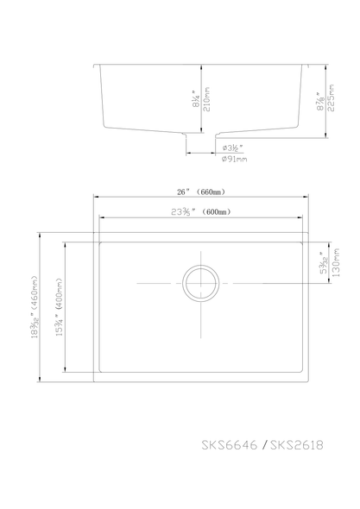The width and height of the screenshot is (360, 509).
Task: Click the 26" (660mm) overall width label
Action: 201,192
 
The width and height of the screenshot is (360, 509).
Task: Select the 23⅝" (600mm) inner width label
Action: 200,211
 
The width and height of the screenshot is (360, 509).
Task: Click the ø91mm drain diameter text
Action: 234,160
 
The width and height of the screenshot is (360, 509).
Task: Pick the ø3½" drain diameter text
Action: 234,148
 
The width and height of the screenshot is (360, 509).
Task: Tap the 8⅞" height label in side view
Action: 319,101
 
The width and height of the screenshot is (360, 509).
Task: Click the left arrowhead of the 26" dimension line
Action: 97,198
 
